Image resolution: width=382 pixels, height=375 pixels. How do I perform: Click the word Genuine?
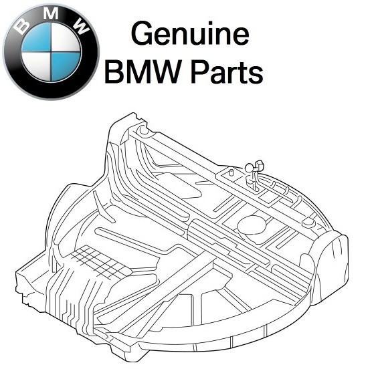coord(189,34)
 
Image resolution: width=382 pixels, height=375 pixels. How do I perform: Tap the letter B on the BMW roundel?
coord(21,27)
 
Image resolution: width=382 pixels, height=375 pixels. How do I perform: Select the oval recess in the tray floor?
coord(252,224)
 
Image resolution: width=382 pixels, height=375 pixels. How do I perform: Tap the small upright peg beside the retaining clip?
coord(230,173)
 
